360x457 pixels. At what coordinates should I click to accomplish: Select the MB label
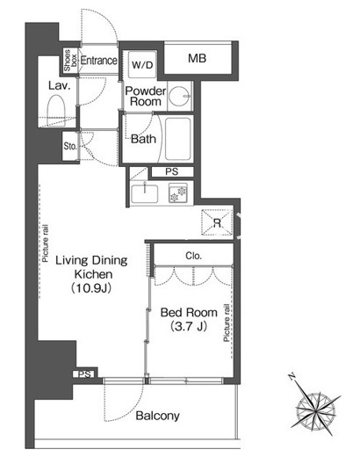click(x=197, y=58)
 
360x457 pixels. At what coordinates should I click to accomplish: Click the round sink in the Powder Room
click(x=179, y=96)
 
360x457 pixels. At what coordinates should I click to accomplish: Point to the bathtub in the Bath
click(x=178, y=139)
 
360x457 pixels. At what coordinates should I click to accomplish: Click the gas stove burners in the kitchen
click(x=178, y=193)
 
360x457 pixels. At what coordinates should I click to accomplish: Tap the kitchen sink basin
click(x=145, y=193)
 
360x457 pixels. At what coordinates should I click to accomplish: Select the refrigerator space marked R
click(x=217, y=222)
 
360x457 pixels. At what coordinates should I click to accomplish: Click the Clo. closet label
click(x=194, y=256)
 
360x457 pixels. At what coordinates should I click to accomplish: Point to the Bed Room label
click(x=189, y=313)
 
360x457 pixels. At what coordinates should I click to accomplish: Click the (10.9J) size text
click(x=91, y=288)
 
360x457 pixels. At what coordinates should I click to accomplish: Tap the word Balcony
click(x=158, y=416)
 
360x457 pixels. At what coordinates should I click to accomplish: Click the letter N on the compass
click(x=292, y=376)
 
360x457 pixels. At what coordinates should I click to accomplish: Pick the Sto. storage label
click(x=70, y=146)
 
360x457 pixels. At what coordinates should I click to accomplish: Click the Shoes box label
click(x=70, y=61)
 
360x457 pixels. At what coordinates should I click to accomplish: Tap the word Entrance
click(x=99, y=61)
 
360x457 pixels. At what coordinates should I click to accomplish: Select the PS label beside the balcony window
click(x=85, y=374)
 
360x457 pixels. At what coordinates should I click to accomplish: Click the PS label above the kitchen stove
click(x=172, y=171)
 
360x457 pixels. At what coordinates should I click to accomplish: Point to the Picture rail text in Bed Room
click(x=227, y=323)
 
